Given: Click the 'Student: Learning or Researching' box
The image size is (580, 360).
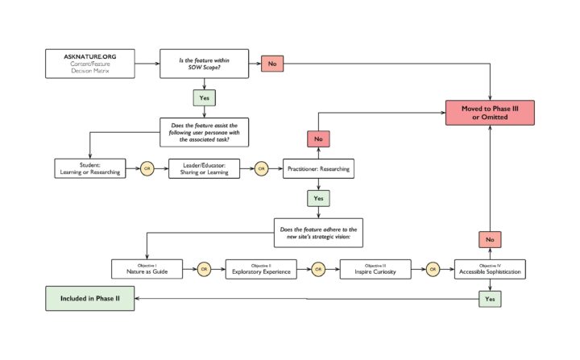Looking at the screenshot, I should (x=89, y=168).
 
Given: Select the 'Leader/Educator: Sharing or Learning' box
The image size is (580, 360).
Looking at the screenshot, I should (x=203, y=168).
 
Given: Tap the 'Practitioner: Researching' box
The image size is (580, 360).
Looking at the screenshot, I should (x=317, y=168).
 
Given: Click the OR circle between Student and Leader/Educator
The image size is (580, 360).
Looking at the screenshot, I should (x=147, y=168).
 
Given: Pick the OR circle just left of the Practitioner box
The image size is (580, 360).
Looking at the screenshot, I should (x=260, y=168).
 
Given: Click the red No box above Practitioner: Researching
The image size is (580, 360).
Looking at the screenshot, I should (x=317, y=139).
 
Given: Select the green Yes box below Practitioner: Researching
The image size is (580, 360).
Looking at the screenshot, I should (x=317, y=198).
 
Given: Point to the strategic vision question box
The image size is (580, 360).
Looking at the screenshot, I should (x=317, y=235).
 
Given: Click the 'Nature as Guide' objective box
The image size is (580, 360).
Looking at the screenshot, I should (x=146, y=268).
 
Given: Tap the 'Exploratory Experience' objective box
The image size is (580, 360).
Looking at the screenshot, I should (x=260, y=268).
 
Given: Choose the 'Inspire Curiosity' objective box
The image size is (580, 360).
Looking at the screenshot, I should (x=375, y=268).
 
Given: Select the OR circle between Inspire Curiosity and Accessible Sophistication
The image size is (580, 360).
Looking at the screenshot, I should (x=433, y=268).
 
